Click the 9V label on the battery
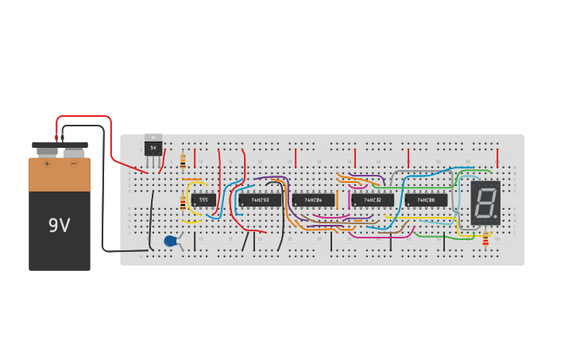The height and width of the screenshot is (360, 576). [59, 226]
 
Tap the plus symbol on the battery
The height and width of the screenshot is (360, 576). [47, 164]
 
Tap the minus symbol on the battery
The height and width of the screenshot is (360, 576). [73, 164]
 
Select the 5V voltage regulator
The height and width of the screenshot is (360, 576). [153, 149]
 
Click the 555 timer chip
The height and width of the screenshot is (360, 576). [203, 200]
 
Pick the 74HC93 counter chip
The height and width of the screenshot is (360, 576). [260, 200]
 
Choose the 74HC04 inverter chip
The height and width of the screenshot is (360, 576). [312, 200]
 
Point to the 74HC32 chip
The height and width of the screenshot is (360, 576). [372, 200]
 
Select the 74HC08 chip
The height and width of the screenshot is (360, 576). [426, 200]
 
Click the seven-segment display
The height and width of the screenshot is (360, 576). [485, 202]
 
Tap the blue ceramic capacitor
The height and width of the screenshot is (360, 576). [170, 241]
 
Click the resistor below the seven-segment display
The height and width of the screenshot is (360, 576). [485, 240]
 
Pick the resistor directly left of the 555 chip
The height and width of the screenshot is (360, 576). [184, 203]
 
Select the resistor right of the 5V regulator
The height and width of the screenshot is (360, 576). [183, 161]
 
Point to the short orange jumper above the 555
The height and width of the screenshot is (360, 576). [191, 180]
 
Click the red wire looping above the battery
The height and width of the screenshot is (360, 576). [83, 118]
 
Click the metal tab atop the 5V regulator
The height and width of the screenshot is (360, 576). [153, 137]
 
